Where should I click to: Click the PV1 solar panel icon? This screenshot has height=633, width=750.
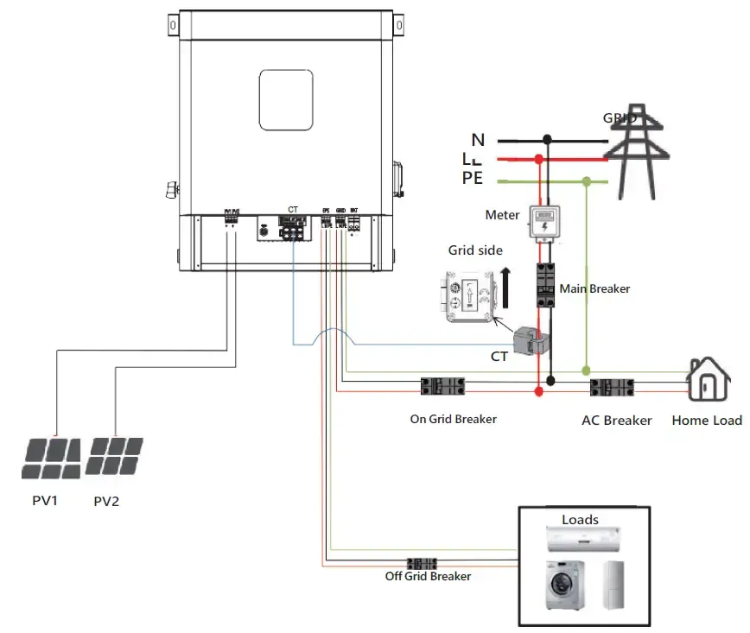coord(51,458)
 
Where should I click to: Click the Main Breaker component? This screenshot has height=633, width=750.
coord(546,285)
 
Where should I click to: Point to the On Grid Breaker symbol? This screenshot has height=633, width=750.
coord(442,386)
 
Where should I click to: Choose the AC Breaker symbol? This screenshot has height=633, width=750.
coord(613,388)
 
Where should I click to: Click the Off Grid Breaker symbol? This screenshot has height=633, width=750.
coord(422,562)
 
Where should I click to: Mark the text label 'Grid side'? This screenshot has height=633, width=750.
coord(475,250)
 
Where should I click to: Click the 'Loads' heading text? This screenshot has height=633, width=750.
coord(580,520)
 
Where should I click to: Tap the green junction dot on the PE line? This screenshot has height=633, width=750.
coord(587,181)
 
